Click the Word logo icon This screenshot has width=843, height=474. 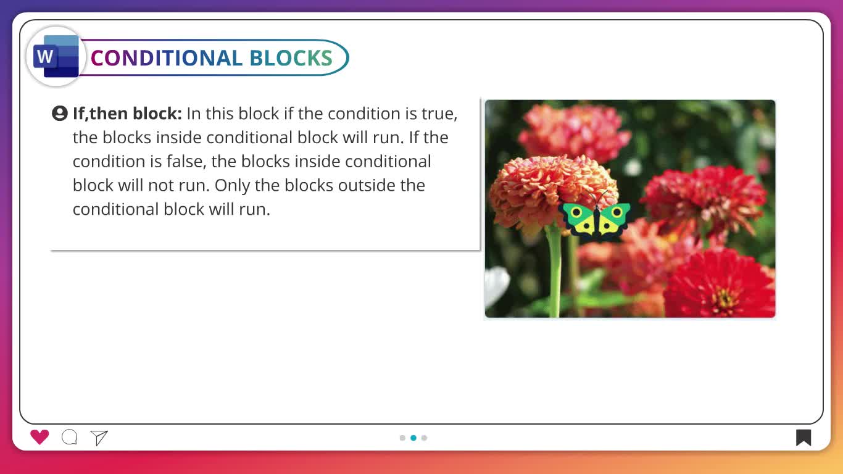(56, 57)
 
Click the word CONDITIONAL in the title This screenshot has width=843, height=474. (167, 58)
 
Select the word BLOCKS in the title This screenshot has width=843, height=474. (291, 58)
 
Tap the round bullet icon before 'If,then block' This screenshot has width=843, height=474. (60, 114)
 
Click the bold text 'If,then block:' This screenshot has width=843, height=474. (127, 114)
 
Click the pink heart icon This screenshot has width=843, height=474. (39, 437)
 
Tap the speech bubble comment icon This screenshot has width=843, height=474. (70, 437)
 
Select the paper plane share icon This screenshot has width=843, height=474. (99, 438)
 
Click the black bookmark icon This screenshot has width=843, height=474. (804, 438)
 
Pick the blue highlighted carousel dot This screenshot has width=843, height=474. (413, 438)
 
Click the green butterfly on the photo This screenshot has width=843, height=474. (596, 219)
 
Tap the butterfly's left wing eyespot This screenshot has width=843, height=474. (576, 212)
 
